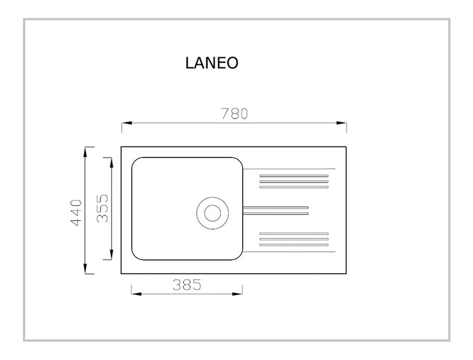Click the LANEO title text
pyautogui.click(x=212, y=63)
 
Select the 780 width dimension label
pyautogui.click(x=234, y=113)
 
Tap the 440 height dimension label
pyautogui.click(x=76, y=212)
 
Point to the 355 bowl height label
pyautogui.click(x=102, y=208)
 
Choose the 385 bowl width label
pyautogui.click(x=187, y=284)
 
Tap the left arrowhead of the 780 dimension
pyautogui.click(x=127, y=123)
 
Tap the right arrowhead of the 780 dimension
pyautogui.click(x=341, y=123)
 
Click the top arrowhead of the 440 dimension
pyautogui.click(x=86, y=152)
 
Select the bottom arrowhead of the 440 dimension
pyautogui.click(x=86, y=269)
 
